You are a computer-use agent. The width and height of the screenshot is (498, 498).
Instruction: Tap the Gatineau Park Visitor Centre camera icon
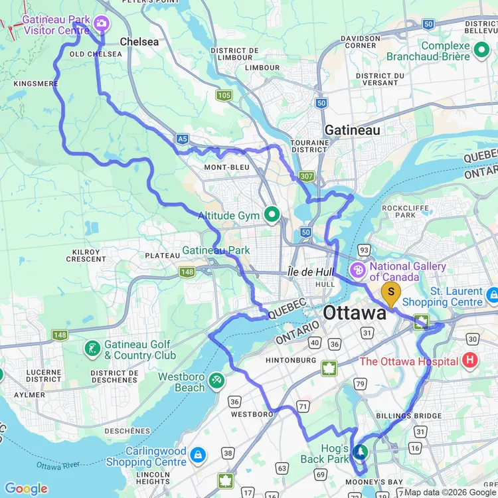[x=101, y=24]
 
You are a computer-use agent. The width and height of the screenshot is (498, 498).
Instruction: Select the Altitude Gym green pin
[x=272, y=215]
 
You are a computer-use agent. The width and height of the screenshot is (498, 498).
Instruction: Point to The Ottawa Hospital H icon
[x=470, y=361]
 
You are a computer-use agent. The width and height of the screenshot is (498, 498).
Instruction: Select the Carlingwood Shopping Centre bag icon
[x=197, y=456]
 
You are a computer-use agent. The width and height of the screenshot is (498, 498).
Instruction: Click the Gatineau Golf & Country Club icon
[x=92, y=349]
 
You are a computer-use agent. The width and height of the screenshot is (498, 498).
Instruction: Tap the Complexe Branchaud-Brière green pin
[x=481, y=48]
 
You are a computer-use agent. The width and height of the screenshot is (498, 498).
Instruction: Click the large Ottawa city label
[x=355, y=313]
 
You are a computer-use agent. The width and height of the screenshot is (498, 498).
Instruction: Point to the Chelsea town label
[x=139, y=41]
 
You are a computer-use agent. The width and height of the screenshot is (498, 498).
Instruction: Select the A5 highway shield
[x=182, y=139]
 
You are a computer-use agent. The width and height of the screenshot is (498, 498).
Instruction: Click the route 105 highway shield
[x=224, y=96]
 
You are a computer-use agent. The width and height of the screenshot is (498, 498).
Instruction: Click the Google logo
[x=27, y=489]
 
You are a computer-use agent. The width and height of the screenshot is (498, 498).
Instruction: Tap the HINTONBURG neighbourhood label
[x=291, y=360]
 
